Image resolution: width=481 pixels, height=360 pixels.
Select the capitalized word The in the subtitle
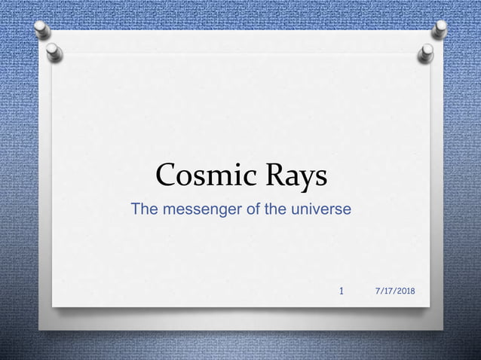[x=144, y=209]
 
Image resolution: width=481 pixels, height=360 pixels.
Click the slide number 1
[x=342, y=291]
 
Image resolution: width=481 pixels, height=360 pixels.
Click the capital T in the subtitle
[x=136, y=209]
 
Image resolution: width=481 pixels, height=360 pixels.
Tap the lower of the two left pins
[x=54, y=53]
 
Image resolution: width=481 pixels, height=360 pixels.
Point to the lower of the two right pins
[x=427, y=53]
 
